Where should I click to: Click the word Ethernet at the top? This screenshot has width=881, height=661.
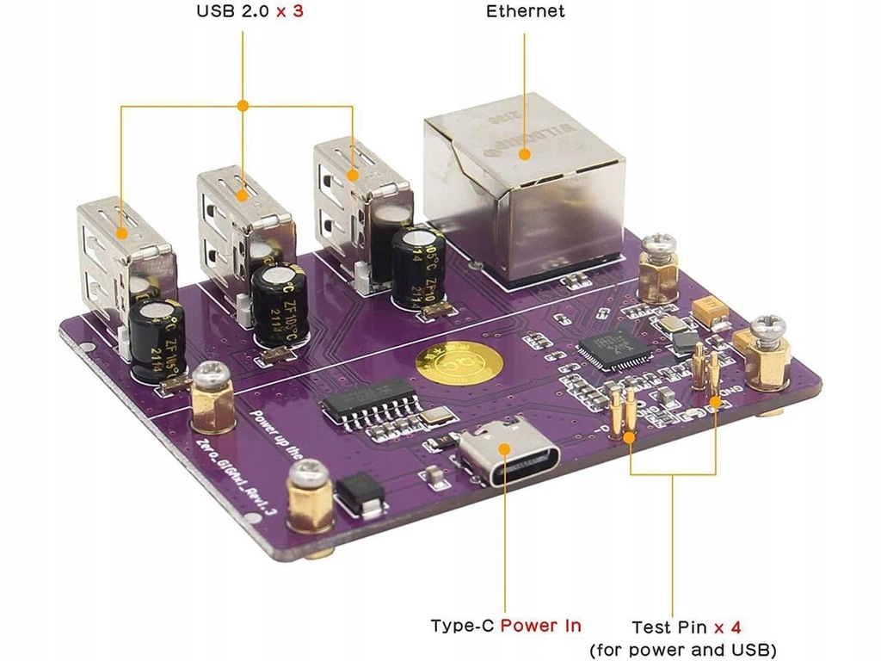[525, 11]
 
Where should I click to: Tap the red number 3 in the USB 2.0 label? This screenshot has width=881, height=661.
[298, 12]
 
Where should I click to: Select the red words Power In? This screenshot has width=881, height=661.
[540, 626]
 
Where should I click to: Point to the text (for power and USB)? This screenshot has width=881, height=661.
[682, 648]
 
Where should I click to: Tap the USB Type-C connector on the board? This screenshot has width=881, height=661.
[509, 455]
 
